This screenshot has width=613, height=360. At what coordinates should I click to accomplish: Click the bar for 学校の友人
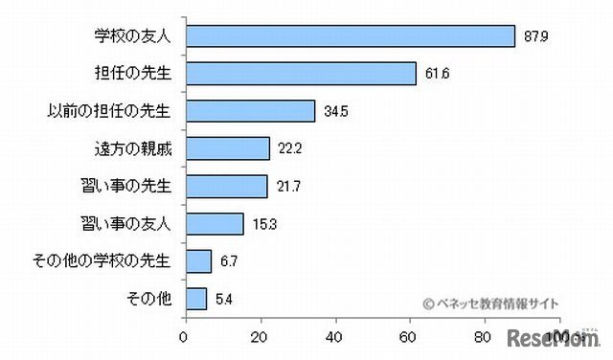[x=350, y=35]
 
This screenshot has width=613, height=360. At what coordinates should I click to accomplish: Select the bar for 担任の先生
[x=300, y=73]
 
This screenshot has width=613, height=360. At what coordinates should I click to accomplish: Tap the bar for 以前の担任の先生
[x=249, y=110]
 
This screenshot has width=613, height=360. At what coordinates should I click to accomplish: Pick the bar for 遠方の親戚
[x=226, y=148]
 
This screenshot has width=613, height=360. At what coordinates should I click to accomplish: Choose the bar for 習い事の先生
[x=225, y=186]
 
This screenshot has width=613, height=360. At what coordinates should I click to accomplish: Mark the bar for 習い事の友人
[x=214, y=223]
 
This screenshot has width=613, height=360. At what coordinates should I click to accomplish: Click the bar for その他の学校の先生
[x=197, y=260]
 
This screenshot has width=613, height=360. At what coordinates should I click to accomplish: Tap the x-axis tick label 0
[x=184, y=336]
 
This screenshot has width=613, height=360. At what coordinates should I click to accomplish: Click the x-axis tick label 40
[x=334, y=336]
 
